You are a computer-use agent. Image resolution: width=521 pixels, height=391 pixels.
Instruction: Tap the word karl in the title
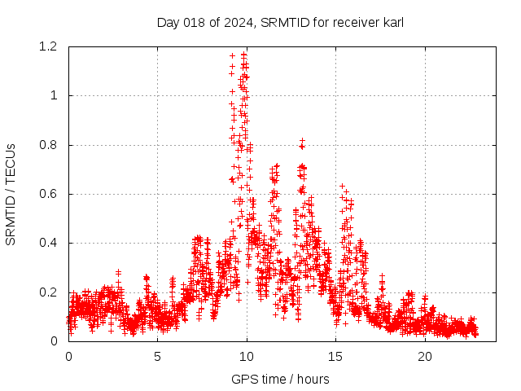click(x=392, y=23)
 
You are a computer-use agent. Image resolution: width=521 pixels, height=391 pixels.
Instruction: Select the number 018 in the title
click(x=193, y=23)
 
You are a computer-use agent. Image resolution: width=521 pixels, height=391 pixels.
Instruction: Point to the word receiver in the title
click(x=356, y=23)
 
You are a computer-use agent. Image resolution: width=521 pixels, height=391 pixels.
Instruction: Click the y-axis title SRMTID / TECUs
click(x=11, y=194)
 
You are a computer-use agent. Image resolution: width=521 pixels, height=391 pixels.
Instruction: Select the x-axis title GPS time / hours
click(x=280, y=379)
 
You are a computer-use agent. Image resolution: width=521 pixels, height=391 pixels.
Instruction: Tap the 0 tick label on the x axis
click(x=68, y=357)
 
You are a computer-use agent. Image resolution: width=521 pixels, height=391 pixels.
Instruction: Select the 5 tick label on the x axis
click(x=158, y=357)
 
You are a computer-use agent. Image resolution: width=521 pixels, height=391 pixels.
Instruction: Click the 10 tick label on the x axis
click(x=247, y=357)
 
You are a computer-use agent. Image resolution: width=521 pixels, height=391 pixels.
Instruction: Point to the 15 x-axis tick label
click(x=336, y=357)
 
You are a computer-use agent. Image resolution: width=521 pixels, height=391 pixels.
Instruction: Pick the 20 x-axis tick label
click(x=425, y=357)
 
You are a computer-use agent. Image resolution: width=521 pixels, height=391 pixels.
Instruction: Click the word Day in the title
click(x=168, y=23)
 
